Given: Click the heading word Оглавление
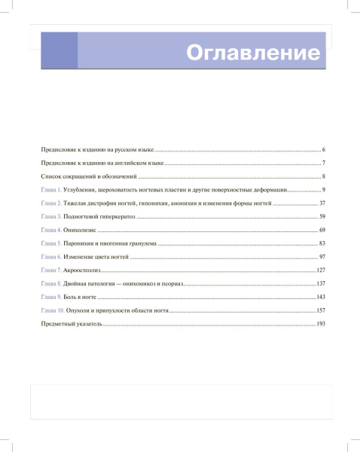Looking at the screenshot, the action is click(x=252, y=53).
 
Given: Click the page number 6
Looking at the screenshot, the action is click(x=322, y=150).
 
